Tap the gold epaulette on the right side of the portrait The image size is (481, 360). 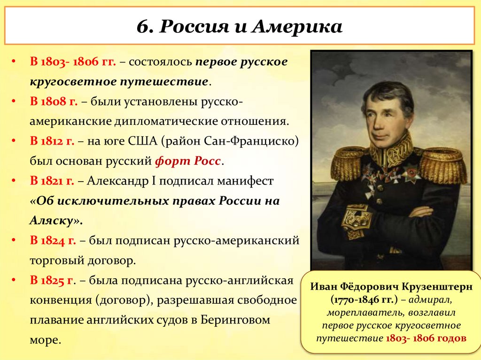[x=443, y=164]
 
